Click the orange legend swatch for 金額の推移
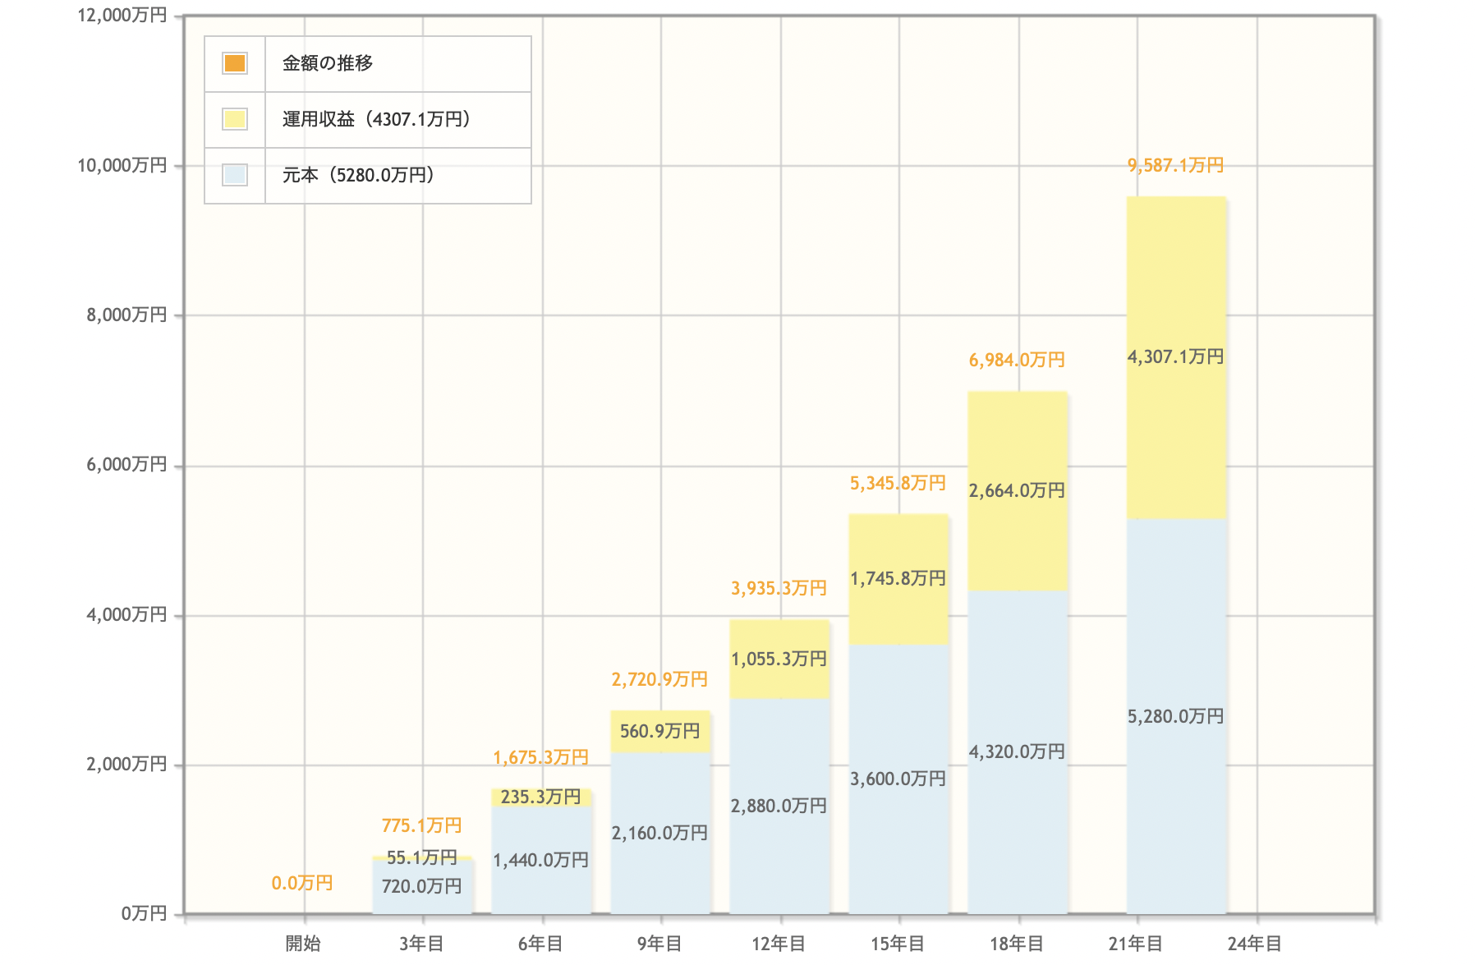(x=235, y=63)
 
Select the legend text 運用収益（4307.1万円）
(x=376, y=120)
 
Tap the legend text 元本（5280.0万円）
(x=358, y=176)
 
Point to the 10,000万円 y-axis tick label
(x=122, y=166)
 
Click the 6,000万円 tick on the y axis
(x=126, y=465)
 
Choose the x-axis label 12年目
(x=779, y=944)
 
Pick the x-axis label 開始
(x=303, y=944)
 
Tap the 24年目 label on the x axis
(x=1254, y=944)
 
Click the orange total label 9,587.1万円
(x=1175, y=166)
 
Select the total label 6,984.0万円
(x=1017, y=361)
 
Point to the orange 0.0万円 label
(x=302, y=884)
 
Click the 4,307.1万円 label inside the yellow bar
(x=1175, y=357)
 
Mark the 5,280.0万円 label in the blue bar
(x=1175, y=717)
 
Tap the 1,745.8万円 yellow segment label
(x=898, y=579)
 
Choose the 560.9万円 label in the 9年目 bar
(x=659, y=732)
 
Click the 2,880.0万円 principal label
(x=779, y=806)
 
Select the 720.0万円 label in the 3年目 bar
(x=421, y=887)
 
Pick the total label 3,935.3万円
(x=779, y=589)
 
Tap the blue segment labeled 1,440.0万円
(x=540, y=861)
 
